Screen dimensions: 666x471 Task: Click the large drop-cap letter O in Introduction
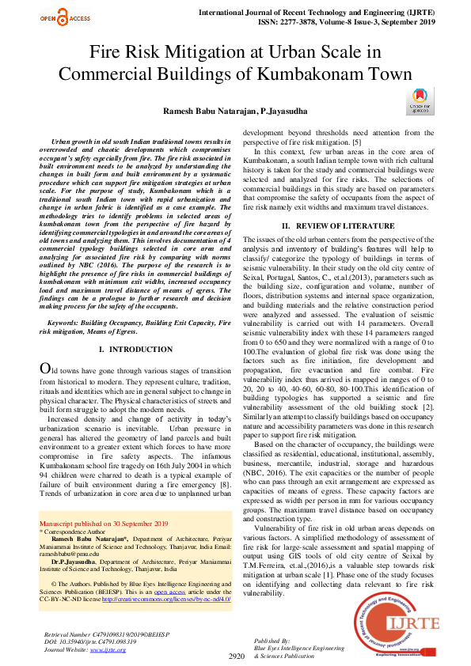coord(47,369)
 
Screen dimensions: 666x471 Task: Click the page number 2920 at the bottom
coord(236,656)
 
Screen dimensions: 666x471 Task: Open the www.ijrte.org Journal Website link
coord(108,649)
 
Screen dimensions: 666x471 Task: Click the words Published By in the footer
coord(272,639)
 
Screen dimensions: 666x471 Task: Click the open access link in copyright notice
coord(168,591)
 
